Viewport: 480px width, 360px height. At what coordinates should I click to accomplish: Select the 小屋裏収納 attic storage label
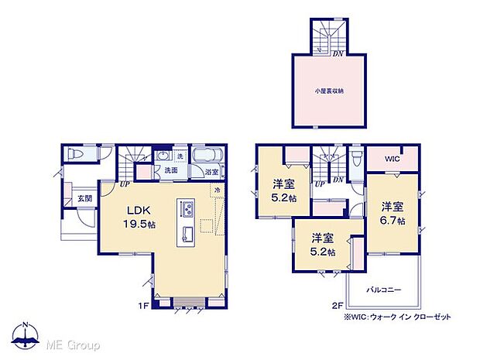[x=329, y=91]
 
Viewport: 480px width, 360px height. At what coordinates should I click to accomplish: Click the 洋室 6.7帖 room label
[x=392, y=214]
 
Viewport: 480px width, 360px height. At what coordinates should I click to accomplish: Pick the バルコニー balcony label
[x=383, y=289]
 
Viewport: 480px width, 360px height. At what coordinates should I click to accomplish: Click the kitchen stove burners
[x=187, y=210]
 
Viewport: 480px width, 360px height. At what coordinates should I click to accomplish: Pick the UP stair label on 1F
[x=124, y=185]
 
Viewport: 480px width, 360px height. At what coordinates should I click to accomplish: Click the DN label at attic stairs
[x=338, y=53]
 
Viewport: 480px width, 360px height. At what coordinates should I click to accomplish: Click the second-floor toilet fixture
[x=355, y=158]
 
